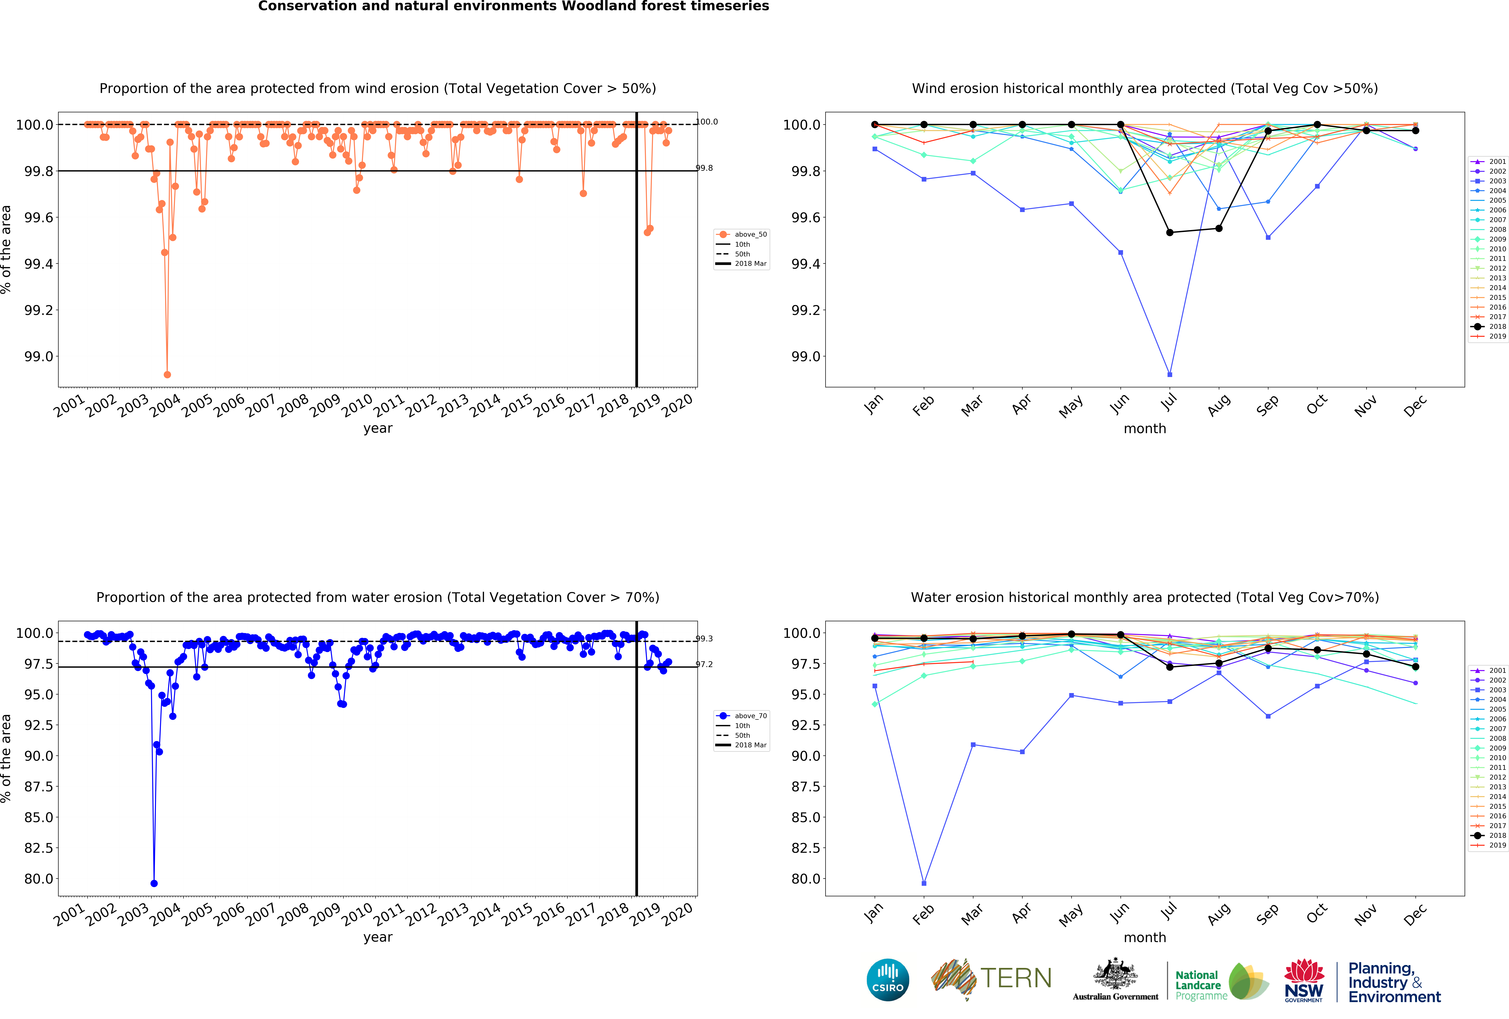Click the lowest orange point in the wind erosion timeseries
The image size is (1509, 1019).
click(x=167, y=374)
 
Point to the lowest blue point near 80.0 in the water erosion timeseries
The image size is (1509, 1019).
click(x=154, y=883)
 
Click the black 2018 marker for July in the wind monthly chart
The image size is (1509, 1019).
click(x=1169, y=232)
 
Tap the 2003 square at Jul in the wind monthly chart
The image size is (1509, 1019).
click(x=1169, y=374)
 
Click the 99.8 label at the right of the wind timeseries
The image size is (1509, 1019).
click(x=704, y=168)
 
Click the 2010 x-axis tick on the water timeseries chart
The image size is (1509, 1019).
click(x=357, y=914)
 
